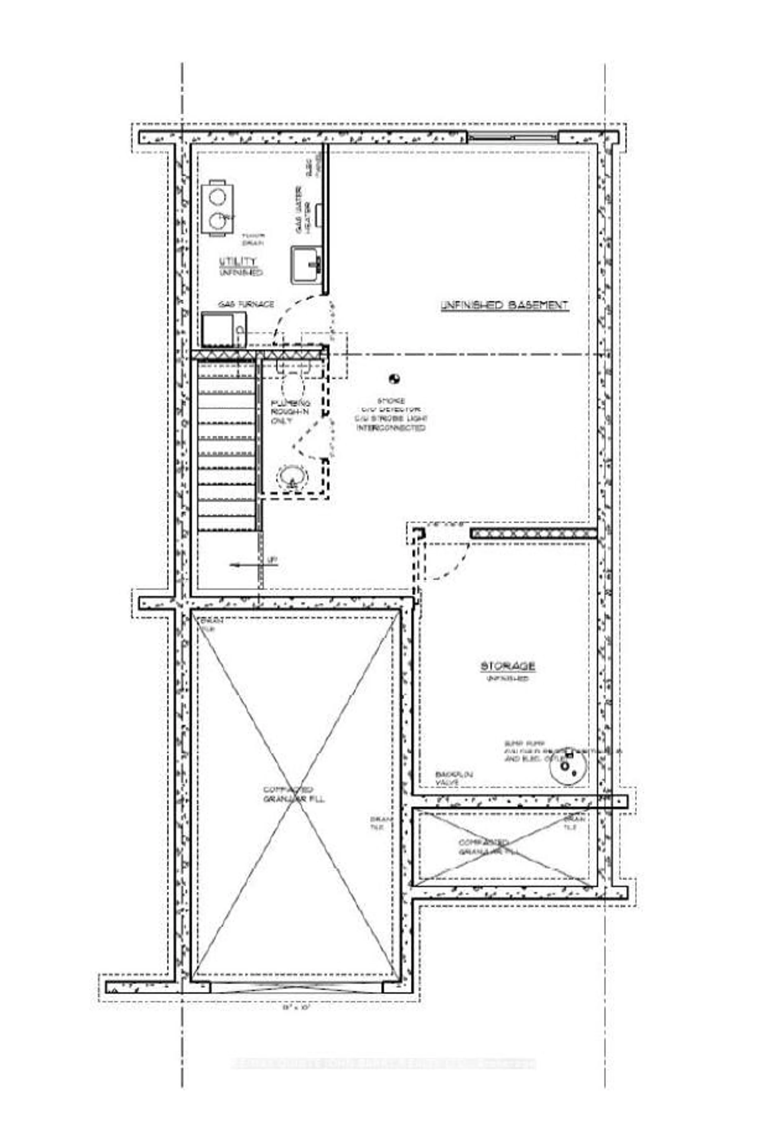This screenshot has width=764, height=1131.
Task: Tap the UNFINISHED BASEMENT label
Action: (x=504, y=305)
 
